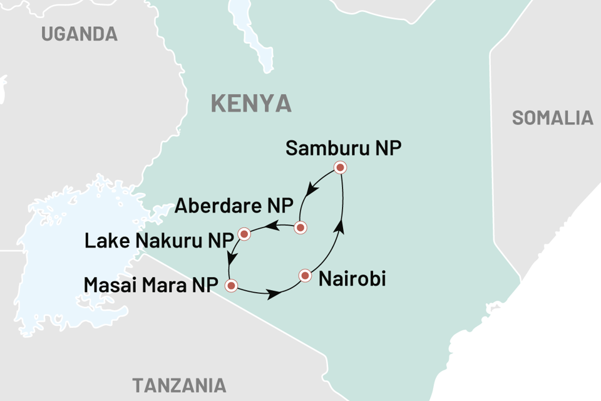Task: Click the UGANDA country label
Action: (x=80, y=34)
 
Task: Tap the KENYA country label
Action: (x=251, y=103)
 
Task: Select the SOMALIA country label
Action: (x=552, y=118)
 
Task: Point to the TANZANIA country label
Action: (x=179, y=384)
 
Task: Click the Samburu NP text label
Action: (x=342, y=148)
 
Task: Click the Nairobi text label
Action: (x=352, y=279)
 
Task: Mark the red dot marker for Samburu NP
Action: (x=340, y=167)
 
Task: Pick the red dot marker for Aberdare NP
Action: (x=300, y=227)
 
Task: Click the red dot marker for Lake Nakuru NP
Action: (x=244, y=234)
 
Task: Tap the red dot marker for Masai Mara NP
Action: (x=231, y=286)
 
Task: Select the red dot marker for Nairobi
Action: (x=305, y=275)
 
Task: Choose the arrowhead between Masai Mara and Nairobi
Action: (x=274, y=293)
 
